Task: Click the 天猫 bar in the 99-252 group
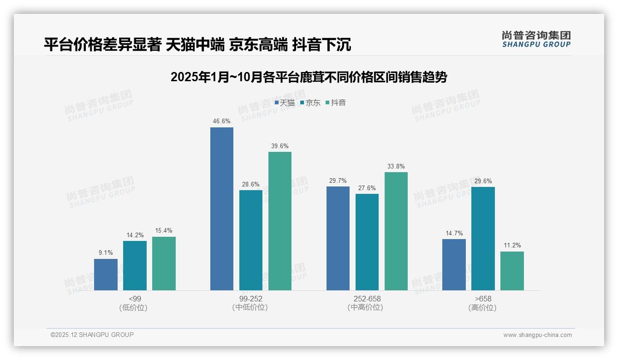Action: point(222,209)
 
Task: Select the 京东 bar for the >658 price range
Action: point(483,238)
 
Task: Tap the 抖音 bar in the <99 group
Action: point(164,264)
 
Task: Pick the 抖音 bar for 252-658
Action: point(396,231)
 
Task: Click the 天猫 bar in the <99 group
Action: point(106,274)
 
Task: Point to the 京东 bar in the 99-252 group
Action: point(251,240)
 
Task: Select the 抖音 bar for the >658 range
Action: point(512,270)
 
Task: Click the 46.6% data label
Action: point(222,121)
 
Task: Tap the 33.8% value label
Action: point(396,166)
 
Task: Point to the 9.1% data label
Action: point(106,252)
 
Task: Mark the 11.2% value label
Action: point(512,245)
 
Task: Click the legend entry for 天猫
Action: point(285,103)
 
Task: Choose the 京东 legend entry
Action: point(310,103)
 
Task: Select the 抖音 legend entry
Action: point(336,103)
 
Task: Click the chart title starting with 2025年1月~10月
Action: point(309,77)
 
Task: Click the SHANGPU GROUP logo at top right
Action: point(536,39)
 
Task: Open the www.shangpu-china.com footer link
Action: point(537,335)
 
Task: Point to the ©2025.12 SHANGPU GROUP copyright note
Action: point(92,335)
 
